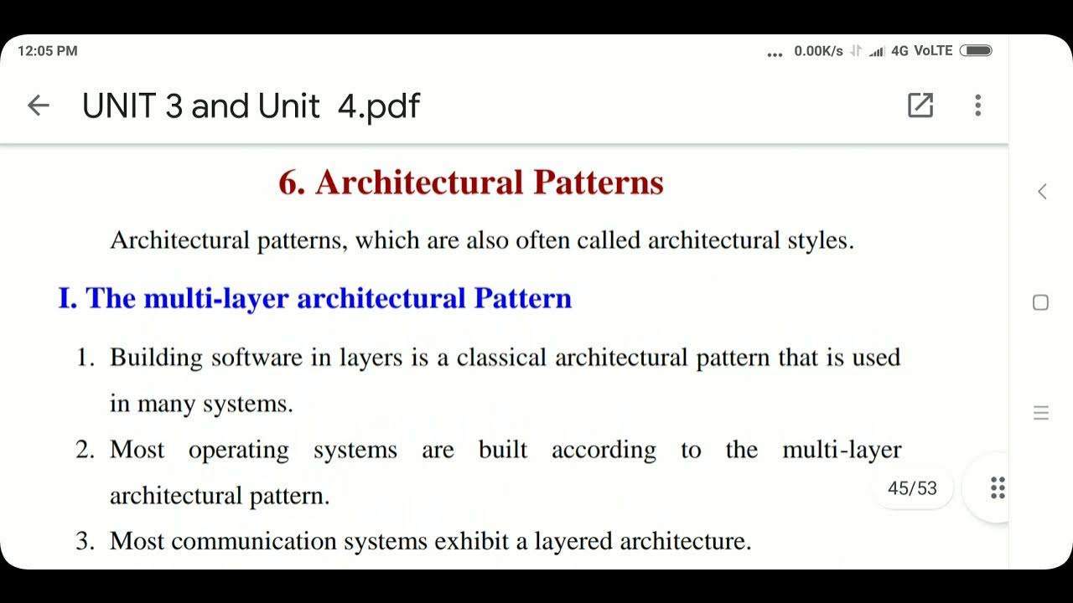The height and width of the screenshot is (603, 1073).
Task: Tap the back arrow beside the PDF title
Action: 39,106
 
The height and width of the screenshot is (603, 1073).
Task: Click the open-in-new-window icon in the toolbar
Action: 920,106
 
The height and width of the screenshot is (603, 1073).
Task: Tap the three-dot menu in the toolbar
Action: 977,106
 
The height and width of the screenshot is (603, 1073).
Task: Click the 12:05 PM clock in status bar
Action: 47,51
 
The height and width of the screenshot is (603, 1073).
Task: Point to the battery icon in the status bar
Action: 976,51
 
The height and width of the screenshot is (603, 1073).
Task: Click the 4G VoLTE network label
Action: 922,51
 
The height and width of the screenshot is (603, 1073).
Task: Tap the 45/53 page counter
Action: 912,488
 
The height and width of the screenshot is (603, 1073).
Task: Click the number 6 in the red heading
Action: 290,183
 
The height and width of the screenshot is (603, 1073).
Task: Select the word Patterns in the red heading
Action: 599,183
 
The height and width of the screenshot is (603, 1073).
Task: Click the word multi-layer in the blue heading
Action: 216,298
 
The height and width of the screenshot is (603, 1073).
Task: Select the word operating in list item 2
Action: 238,450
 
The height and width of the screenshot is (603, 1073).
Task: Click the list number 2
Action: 85,450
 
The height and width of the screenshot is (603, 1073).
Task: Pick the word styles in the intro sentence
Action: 819,240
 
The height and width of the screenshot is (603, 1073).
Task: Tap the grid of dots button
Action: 998,488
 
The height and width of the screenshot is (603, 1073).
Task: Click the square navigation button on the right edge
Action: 1040,302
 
